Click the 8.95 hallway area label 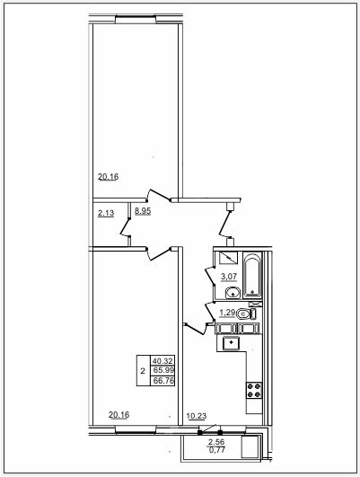point(143,211)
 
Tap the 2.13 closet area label point(106,213)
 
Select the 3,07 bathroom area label point(229,277)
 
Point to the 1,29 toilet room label point(227,313)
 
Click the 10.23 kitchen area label point(197,416)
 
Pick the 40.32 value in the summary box point(162,361)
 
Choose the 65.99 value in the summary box point(163,370)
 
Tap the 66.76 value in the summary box point(163,380)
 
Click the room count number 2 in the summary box point(143,371)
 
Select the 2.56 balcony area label point(216,442)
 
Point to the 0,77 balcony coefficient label point(216,449)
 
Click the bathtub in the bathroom point(252,276)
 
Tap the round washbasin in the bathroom point(233,293)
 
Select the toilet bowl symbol point(246,314)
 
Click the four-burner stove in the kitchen point(254,390)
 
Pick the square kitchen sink point(232,343)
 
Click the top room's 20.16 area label point(109,176)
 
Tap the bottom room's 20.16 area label point(119,415)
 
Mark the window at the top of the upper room point(136,19)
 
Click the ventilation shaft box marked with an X point(255,304)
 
